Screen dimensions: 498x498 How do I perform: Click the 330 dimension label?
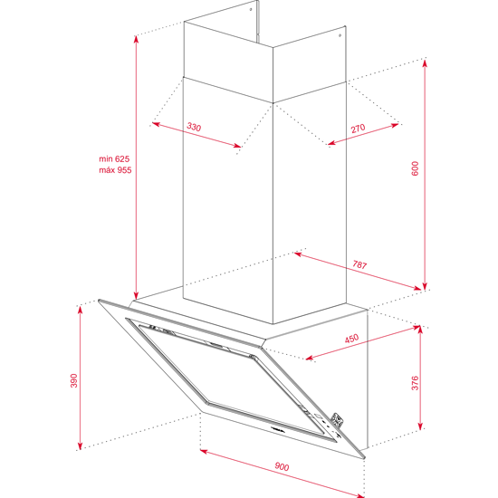pos(194,127)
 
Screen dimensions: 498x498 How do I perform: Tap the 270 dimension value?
pos(358,129)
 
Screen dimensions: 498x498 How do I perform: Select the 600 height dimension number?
pos(415,168)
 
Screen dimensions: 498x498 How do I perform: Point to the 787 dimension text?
pos(359,264)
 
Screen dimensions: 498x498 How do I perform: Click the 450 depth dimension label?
pos(351,339)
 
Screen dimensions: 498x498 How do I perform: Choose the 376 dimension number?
pos(415,383)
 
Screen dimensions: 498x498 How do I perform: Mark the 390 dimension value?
pos(73,380)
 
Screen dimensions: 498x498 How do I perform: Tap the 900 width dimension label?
pos(282,466)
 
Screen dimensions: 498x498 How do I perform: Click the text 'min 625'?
pos(114,158)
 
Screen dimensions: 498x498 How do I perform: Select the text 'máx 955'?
pos(115,170)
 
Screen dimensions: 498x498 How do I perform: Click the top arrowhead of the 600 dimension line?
pos(425,62)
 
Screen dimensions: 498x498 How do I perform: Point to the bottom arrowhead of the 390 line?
pos(80,445)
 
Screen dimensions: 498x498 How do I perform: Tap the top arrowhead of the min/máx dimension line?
pos(136,39)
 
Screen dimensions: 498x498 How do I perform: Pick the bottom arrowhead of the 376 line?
pos(420,426)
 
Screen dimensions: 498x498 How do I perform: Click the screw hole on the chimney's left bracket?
pos(251,9)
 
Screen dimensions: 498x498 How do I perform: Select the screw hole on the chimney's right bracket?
pos(340,35)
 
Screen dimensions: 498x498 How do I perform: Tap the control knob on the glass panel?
pos(338,420)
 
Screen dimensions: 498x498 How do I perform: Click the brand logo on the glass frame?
pos(279,429)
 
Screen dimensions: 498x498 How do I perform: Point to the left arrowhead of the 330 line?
pos(156,123)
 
